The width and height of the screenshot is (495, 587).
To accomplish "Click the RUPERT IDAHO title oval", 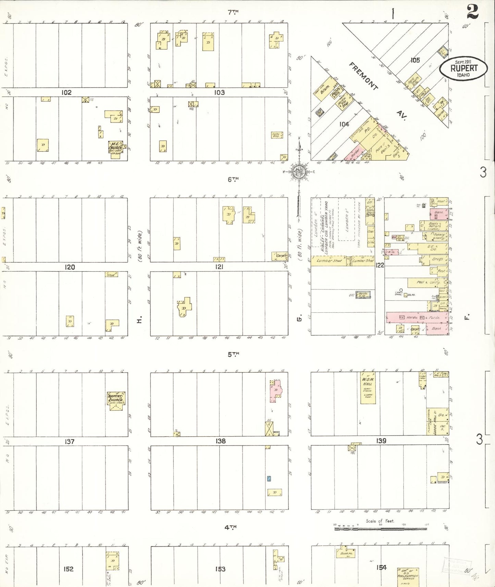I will (463, 68).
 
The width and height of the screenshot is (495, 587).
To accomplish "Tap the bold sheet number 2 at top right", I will (472, 12).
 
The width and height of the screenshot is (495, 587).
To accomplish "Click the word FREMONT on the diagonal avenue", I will (363, 76).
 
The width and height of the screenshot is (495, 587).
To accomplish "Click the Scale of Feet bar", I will (380, 529).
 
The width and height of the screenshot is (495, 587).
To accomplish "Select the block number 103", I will (219, 92).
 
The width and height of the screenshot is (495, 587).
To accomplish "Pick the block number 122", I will (380, 265).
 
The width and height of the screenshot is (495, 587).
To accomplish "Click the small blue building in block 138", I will (269, 479).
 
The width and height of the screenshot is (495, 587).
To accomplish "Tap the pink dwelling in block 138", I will (275, 390).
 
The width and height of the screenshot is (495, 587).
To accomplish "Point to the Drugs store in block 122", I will (435, 260).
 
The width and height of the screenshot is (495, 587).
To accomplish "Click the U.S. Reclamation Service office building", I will (408, 576).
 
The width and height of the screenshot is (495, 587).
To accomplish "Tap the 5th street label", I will (233, 354).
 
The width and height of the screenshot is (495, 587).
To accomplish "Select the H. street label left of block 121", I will (139, 321).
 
